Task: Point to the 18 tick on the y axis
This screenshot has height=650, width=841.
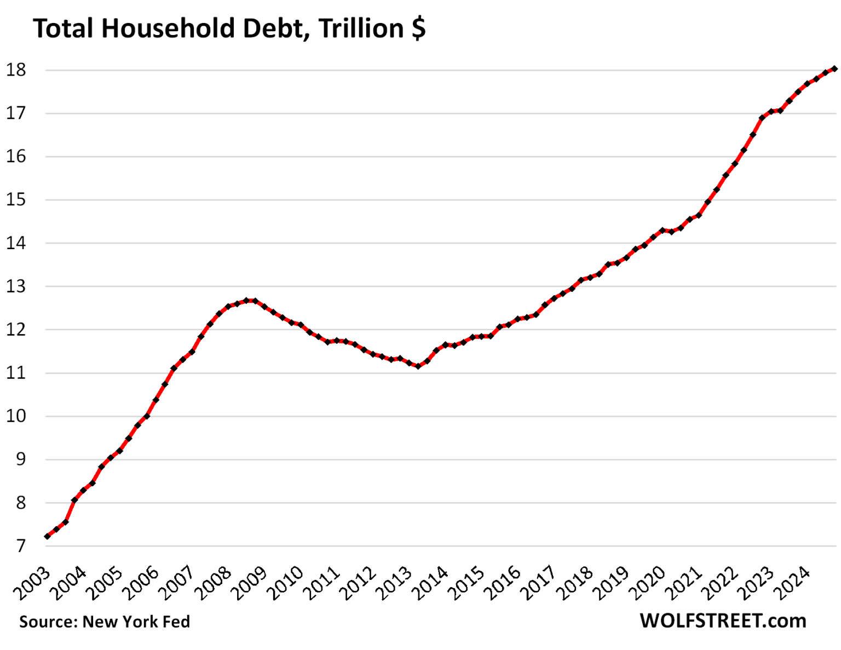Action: [16, 70]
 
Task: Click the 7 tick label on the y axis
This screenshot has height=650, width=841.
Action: [21, 546]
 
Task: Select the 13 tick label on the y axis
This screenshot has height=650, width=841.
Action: [16, 286]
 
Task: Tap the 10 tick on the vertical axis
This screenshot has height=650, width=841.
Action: [16, 416]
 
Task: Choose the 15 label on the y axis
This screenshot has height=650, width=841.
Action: [16, 200]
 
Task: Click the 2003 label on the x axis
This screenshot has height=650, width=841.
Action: [32, 583]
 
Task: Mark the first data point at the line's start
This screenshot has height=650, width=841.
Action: [48, 536]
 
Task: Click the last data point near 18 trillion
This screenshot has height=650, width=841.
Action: [834, 68]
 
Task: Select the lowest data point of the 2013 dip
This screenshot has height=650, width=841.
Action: [418, 366]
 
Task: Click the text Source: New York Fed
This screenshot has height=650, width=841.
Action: [105, 622]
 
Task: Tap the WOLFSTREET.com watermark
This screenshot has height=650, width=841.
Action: [723, 620]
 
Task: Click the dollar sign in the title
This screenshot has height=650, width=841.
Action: [418, 28]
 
